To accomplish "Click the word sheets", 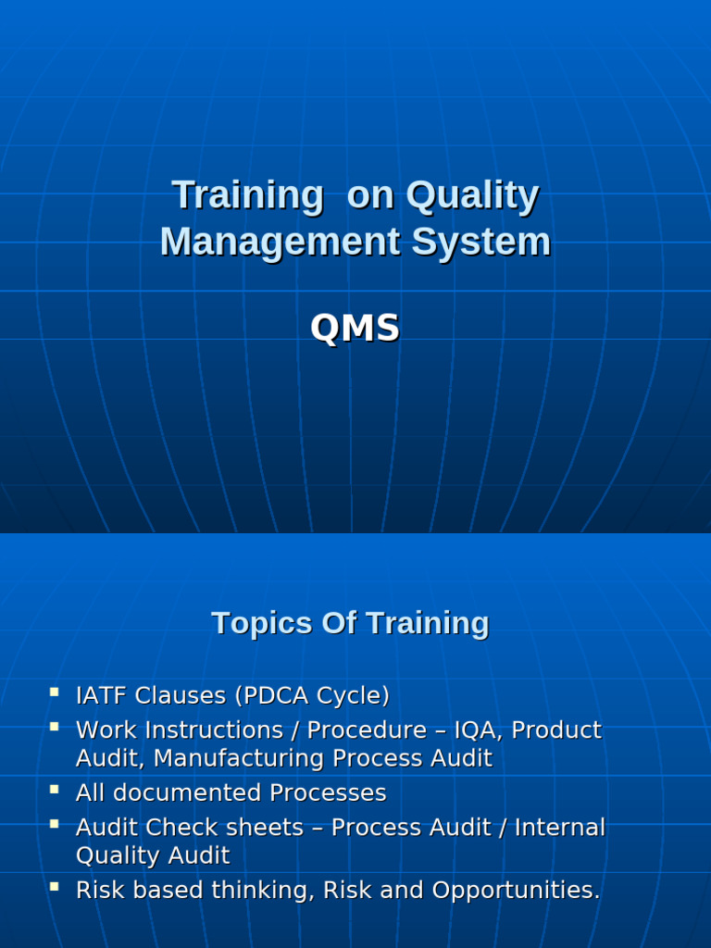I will (267, 828).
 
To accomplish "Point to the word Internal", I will (560, 828).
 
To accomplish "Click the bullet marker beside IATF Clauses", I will (55, 692).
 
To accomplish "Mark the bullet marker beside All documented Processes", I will (55, 790).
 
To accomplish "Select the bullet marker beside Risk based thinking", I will (55, 887).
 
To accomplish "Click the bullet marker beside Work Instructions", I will (55, 727).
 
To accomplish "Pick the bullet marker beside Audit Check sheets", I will (55, 824).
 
